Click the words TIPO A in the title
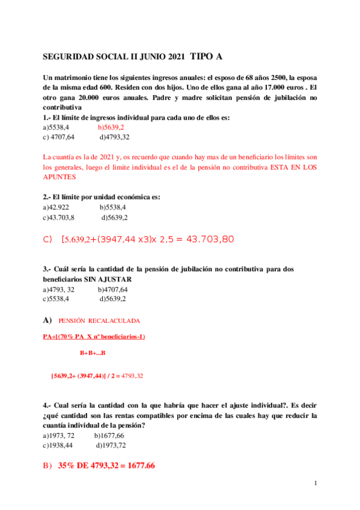pos(206,57)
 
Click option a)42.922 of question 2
pos(56,207)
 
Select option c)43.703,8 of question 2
pos(59,217)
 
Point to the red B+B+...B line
pos(93,352)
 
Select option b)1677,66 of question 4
pos(109,435)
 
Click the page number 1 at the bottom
pos(316,483)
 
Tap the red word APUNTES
pos(59,177)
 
